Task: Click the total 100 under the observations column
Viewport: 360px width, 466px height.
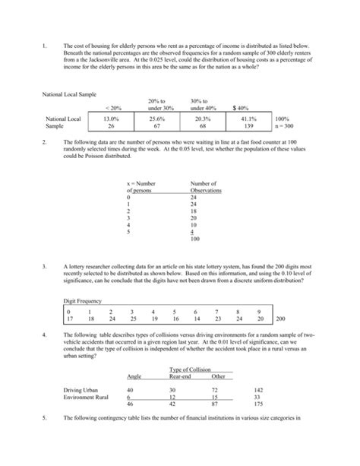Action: tap(195, 239)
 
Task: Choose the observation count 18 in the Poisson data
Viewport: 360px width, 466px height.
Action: tap(194, 211)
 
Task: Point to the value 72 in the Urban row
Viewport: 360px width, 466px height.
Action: tap(216, 389)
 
